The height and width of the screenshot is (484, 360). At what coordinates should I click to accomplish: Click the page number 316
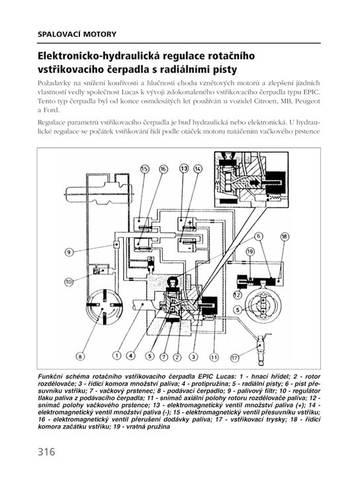coord(46,452)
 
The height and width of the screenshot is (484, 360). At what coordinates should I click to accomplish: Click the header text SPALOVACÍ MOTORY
coord(77,34)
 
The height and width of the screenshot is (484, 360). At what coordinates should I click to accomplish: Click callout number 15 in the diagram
coord(145,169)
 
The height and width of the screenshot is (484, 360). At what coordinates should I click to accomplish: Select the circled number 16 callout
coord(163,169)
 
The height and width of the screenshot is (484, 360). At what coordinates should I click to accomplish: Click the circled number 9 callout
coord(69,252)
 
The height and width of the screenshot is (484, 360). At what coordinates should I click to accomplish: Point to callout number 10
coord(69,282)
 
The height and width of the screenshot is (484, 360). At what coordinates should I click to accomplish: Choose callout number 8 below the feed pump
coord(80,356)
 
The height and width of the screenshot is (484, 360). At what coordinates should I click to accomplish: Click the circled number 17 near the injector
coord(235,358)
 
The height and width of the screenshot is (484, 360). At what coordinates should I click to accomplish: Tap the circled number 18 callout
coord(285,237)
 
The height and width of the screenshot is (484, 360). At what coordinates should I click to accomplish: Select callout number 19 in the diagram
coord(250,252)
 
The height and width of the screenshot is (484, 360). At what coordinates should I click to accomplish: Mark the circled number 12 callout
coord(237,295)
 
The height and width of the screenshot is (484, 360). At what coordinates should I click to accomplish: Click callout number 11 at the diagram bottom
coord(214,357)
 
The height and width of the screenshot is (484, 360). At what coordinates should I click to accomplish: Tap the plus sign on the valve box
coord(190,222)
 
